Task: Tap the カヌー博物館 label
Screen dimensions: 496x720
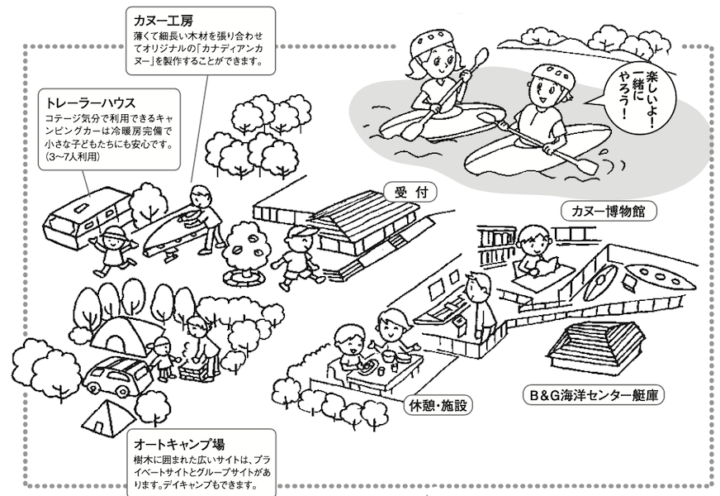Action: click(x=608, y=211)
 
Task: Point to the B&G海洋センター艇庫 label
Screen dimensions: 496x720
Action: click(x=594, y=394)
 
